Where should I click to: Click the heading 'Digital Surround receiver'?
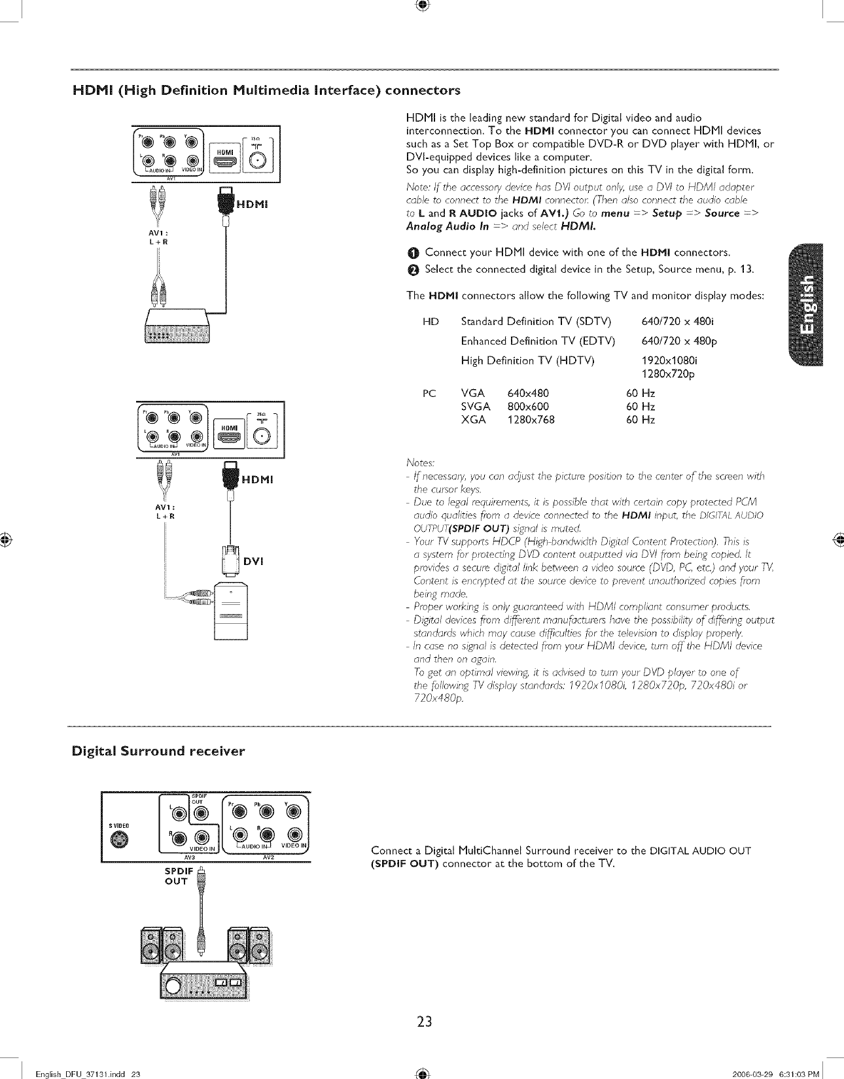(x=158, y=751)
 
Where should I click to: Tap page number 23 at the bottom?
(x=424, y=1021)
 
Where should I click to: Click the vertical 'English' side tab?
(x=808, y=305)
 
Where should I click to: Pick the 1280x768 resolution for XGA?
(x=531, y=420)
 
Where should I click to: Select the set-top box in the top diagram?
(x=179, y=324)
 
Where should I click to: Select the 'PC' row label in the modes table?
(x=429, y=393)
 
